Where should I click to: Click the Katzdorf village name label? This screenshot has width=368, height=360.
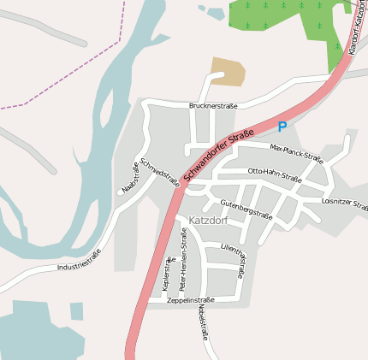[205, 220]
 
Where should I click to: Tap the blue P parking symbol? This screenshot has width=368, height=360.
[282, 127]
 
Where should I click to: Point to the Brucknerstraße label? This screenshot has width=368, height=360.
[212, 105]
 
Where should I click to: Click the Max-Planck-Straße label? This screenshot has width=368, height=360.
[296, 153]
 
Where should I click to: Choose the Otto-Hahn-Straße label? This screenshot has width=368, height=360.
[274, 175]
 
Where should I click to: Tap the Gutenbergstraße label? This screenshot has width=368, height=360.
[246, 209]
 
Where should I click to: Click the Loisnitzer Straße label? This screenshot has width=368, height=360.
[344, 204]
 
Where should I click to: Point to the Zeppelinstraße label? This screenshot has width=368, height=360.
[190, 300]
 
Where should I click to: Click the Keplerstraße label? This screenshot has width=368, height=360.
[166, 276]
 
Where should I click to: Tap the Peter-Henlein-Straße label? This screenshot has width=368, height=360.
[183, 265]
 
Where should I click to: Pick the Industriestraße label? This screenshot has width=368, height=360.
[79, 260]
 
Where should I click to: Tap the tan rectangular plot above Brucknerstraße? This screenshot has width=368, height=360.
[228, 71]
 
